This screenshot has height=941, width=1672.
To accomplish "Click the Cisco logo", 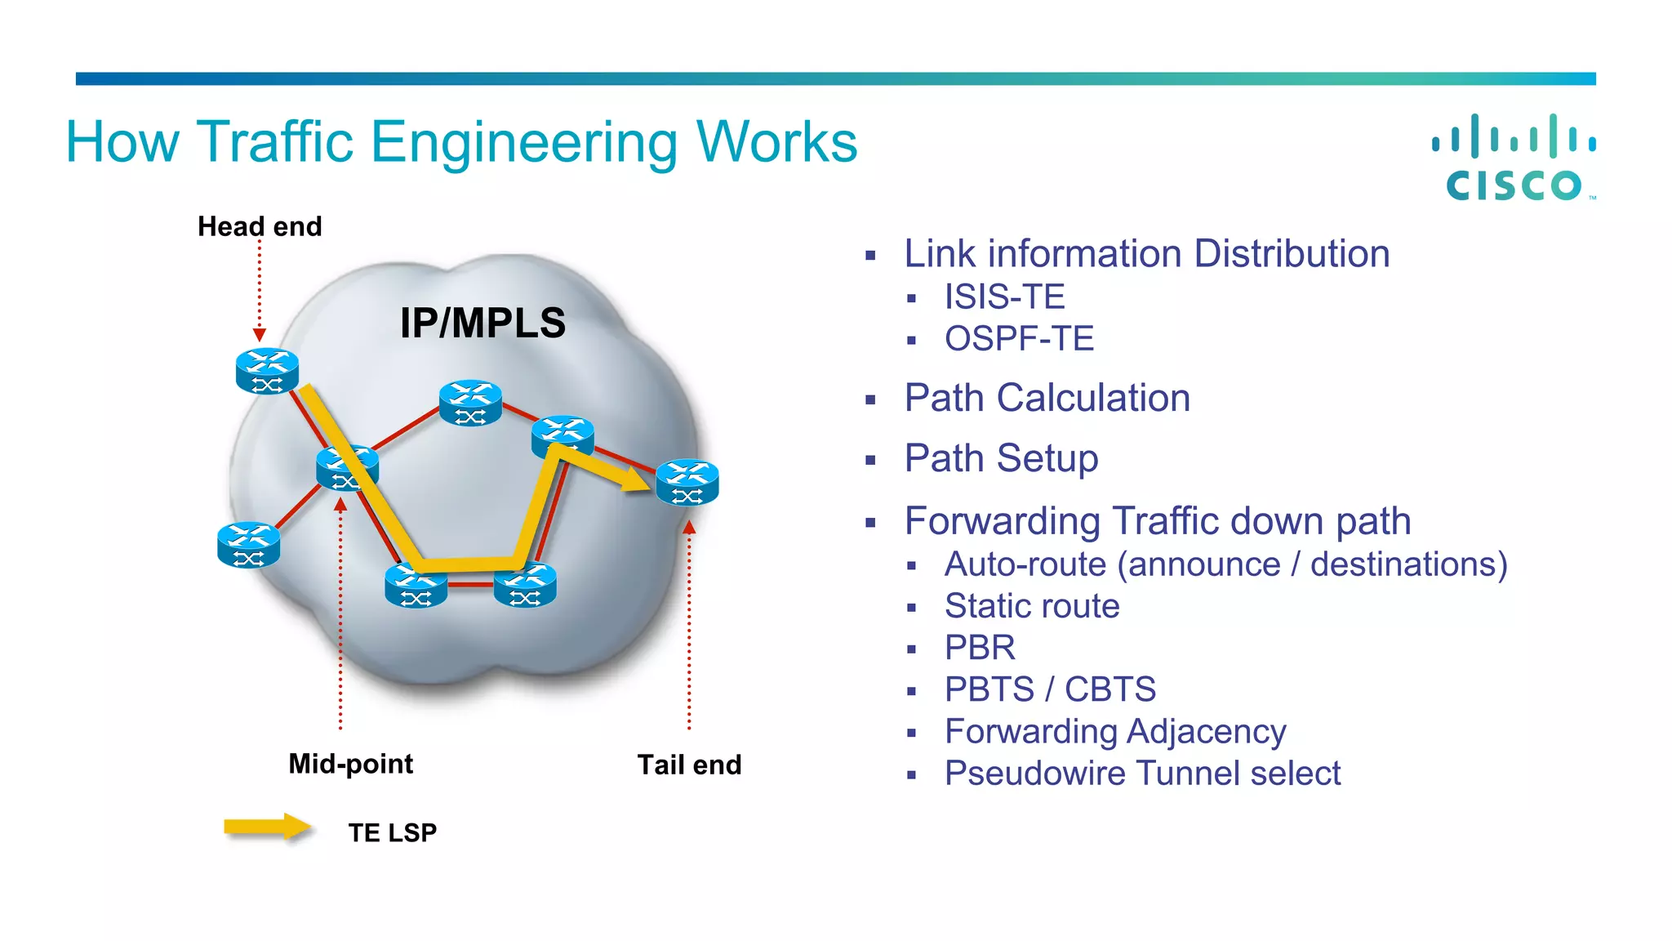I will click(1514, 158).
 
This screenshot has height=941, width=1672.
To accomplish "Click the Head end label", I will click(260, 226).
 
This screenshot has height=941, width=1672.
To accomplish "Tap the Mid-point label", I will click(350, 764).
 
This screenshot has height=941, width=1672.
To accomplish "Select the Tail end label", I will click(689, 765).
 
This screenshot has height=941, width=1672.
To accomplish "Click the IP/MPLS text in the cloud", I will click(482, 323).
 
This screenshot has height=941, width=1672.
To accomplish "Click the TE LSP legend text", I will click(392, 832).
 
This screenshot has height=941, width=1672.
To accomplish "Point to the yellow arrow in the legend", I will click(267, 827).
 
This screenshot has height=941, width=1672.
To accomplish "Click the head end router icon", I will click(267, 371).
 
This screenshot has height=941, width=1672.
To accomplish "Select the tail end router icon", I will click(687, 482).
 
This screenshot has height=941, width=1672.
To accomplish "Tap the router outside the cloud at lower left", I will click(249, 545).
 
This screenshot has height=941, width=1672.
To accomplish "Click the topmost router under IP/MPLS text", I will click(470, 403).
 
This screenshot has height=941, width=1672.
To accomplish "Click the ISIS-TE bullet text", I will click(1004, 297).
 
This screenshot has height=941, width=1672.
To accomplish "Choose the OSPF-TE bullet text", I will click(1019, 339).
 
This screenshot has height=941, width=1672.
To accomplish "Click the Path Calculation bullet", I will click(1047, 399).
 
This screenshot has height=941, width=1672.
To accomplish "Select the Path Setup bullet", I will click(1001, 458).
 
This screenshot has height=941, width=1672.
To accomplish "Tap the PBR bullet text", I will click(980, 648).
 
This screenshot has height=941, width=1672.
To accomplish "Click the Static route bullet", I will click(1032, 606).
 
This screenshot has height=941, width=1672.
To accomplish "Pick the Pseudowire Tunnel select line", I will click(1142, 774).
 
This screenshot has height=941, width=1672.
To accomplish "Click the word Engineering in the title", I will click(523, 143).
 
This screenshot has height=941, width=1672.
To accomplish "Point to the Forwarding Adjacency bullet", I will click(1115, 732).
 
